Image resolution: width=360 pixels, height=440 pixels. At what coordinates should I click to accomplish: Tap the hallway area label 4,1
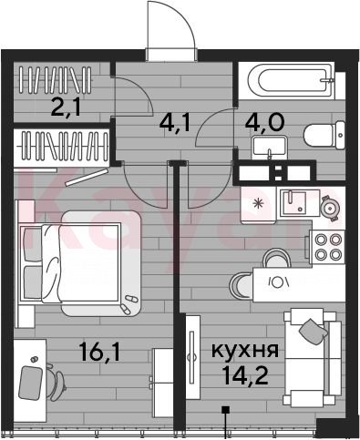[x=175, y=124]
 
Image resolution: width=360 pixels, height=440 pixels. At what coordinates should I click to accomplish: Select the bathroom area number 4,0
[x=265, y=122]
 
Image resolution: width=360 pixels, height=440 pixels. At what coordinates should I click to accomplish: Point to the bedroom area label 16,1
[x=99, y=352]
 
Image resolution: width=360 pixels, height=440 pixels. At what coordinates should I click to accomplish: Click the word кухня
[x=245, y=351]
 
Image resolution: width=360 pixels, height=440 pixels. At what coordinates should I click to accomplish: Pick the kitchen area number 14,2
[x=245, y=374]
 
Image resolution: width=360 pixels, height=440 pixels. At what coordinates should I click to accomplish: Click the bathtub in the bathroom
[x=291, y=81]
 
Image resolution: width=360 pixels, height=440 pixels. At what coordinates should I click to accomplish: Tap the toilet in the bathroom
[x=324, y=135]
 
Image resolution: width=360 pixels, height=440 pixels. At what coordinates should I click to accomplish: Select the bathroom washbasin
[x=269, y=148]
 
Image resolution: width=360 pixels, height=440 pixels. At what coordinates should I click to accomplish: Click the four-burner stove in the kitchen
[x=327, y=247]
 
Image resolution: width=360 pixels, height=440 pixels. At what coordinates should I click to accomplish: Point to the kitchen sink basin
[x=300, y=203]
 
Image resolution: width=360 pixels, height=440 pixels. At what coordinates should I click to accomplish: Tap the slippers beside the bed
[x=129, y=304]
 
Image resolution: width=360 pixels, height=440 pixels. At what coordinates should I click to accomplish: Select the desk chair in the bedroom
[x=57, y=381]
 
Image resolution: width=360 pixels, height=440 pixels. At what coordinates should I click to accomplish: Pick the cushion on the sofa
[x=314, y=332]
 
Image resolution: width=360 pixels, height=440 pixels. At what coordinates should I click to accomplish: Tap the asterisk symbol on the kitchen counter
[x=259, y=203]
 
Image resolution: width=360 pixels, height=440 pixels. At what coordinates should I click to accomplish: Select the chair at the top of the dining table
[x=276, y=258]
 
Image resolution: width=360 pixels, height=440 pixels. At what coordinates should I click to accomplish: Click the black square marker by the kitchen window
[x=225, y=410]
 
